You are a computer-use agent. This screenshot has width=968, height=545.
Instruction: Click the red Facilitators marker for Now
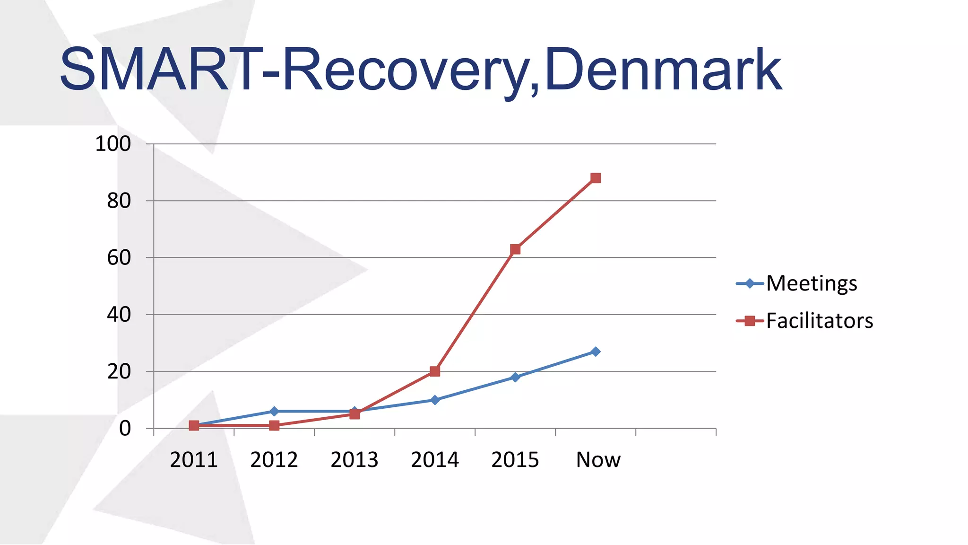coord(596,178)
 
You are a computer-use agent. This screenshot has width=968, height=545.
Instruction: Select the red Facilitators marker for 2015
coord(515,249)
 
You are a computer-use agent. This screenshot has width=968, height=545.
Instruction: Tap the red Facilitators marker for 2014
coord(435,371)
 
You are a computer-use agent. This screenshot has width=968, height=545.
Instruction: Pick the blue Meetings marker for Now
coord(596,352)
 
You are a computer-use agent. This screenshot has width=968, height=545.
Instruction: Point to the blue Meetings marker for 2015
coord(515,377)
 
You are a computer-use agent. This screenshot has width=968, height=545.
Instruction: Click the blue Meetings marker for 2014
coord(435,400)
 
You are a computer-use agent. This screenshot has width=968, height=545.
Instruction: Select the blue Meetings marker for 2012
coord(274,411)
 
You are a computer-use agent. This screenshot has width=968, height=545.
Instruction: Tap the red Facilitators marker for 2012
coord(274,425)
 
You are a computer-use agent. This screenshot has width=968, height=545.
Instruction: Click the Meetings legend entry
coord(811,283)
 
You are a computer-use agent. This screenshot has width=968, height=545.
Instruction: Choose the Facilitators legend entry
coord(819,321)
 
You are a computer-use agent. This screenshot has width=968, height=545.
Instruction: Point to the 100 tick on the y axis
coord(113,144)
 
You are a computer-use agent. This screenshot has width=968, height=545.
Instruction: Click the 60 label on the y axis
coord(119,258)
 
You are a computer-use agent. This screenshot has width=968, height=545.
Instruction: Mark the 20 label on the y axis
coord(119,372)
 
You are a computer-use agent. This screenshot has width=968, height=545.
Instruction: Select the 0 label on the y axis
coord(125,429)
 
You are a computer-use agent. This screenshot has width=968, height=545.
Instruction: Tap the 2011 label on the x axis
coord(194,460)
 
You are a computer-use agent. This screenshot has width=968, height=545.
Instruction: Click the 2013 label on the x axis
coord(354,460)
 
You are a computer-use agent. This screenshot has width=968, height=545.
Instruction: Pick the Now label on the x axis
coord(598,460)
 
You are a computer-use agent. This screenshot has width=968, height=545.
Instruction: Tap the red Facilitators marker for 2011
coord(194,426)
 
